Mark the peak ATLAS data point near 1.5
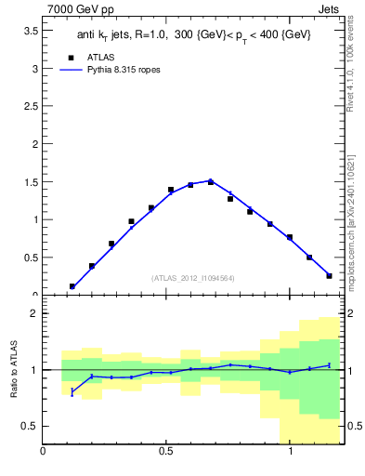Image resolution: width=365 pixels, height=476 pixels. pos(211,182)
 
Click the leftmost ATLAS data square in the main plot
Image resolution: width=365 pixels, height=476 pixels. pos(72,286)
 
